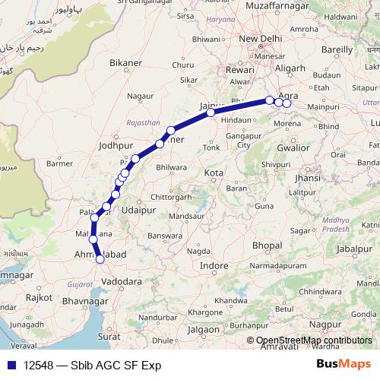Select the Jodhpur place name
[116, 143]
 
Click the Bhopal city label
[267, 246]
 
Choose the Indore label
[214, 266]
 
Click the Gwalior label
[293, 148]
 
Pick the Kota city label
[214, 173]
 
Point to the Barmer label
[59, 163]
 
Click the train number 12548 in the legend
[37, 365]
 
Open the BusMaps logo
[343, 365]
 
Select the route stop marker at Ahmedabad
[100, 260]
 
